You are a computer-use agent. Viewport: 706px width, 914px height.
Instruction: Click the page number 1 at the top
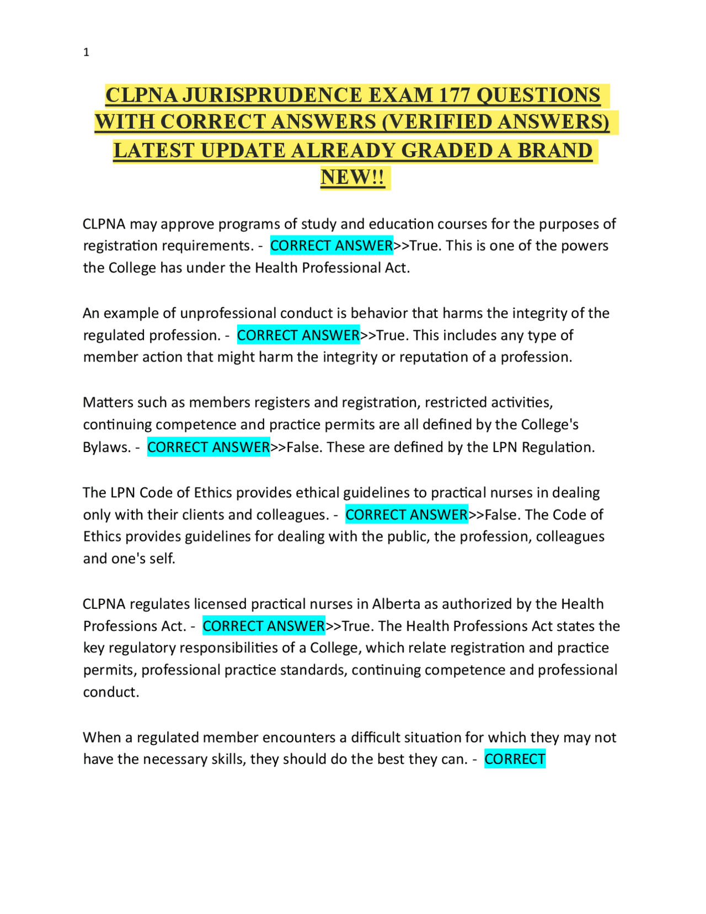(86, 52)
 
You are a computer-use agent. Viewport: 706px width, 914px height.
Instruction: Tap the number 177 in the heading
(454, 95)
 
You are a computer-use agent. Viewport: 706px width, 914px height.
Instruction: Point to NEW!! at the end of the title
(352, 177)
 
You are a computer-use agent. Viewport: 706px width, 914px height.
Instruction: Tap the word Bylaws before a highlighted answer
(106, 447)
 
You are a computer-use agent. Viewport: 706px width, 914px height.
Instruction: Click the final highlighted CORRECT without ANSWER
(515, 759)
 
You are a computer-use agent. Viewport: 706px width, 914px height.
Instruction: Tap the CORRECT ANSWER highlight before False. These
(208, 447)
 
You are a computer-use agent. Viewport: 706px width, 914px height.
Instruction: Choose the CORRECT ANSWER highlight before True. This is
(331, 246)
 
